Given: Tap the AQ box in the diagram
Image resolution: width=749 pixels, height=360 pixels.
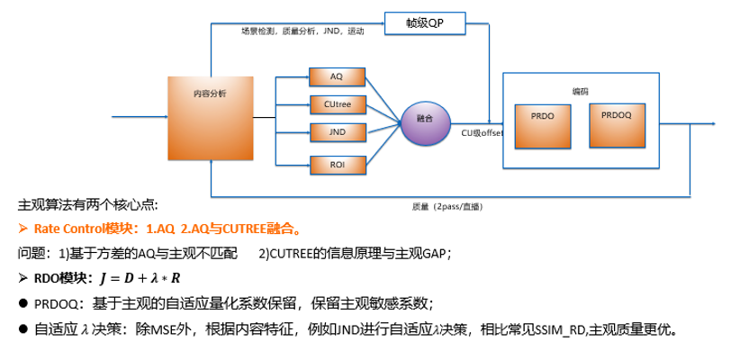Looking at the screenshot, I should tap(336, 76).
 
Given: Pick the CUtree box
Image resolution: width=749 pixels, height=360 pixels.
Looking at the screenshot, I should tap(336, 105).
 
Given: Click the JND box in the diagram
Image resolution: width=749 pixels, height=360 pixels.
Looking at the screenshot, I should tap(336, 132).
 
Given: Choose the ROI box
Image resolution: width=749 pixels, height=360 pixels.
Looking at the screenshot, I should tap(336, 164).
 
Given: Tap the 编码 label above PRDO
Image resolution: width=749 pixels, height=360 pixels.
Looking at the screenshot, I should tap(581, 91).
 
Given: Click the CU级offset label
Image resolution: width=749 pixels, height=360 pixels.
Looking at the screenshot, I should tap(483, 133).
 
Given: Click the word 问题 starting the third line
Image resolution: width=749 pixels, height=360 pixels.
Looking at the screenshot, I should tap(32, 253).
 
